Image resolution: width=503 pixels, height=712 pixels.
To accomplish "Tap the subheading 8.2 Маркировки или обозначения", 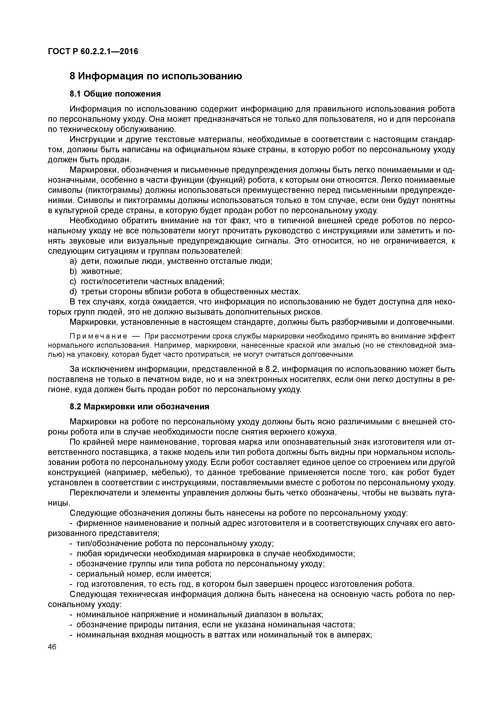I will click(140, 407).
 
